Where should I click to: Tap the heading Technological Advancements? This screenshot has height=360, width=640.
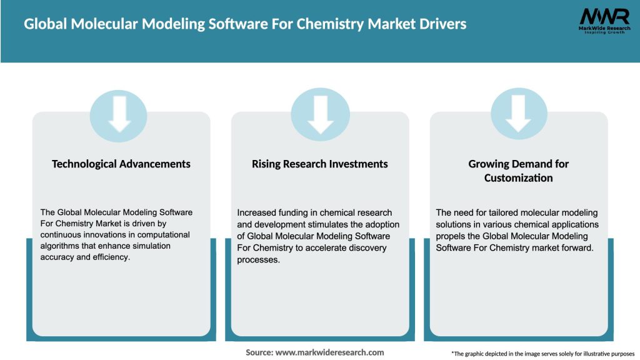click(121, 164)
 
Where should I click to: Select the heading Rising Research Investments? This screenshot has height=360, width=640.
click(320, 164)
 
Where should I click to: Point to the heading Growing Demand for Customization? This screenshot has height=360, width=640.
click(519, 171)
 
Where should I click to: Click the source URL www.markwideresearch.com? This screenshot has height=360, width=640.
click(330, 352)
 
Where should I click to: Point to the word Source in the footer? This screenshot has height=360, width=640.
click(259, 352)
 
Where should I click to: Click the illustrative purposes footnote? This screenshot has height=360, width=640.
click(542, 354)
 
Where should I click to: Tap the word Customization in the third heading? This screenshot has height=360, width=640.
click(519, 178)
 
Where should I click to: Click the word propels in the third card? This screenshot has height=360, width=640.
click(452, 236)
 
